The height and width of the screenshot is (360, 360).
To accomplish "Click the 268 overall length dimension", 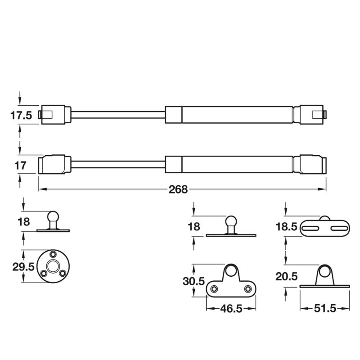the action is tap(178, 189).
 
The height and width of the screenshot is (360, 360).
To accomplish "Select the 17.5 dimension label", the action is tap(21, 116).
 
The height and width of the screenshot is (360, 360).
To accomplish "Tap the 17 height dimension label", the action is tap(20, 166).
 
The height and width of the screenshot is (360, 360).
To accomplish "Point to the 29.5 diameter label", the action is tap(23, 267).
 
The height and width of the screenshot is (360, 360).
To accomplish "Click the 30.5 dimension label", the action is tap(193, 281).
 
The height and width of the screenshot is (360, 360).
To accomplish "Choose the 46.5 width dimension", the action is tap(231, 309).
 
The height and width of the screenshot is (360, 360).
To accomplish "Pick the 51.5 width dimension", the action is tap(325, 309).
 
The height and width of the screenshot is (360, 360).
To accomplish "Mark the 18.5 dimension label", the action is tap(286, 227).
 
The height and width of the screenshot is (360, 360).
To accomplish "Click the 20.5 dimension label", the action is tap(286, 277).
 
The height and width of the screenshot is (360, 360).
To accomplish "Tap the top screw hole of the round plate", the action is tap(53, 254).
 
